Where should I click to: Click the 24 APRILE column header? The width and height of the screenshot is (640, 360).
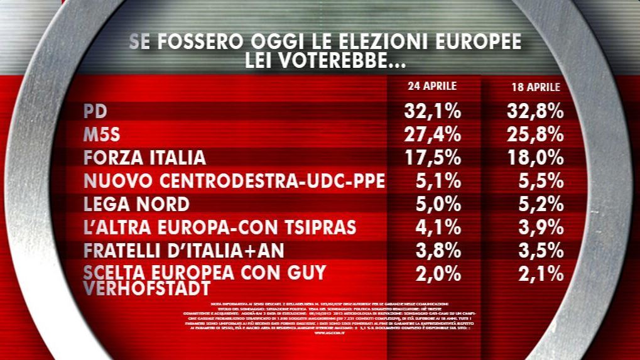point(431,86)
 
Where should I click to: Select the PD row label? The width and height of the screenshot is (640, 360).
point(95,112)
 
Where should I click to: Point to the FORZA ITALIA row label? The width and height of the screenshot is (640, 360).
point(144,158)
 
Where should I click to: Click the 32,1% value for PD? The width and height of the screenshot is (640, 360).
point(431,112)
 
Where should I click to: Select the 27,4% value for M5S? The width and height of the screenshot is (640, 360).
point(431,135)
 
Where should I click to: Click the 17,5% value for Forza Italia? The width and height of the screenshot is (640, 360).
point(431,158)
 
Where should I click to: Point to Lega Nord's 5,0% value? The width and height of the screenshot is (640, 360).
point(438,204)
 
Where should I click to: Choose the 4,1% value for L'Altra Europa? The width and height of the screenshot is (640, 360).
point(438,227)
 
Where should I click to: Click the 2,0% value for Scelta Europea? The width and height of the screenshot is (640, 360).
point(438,273)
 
